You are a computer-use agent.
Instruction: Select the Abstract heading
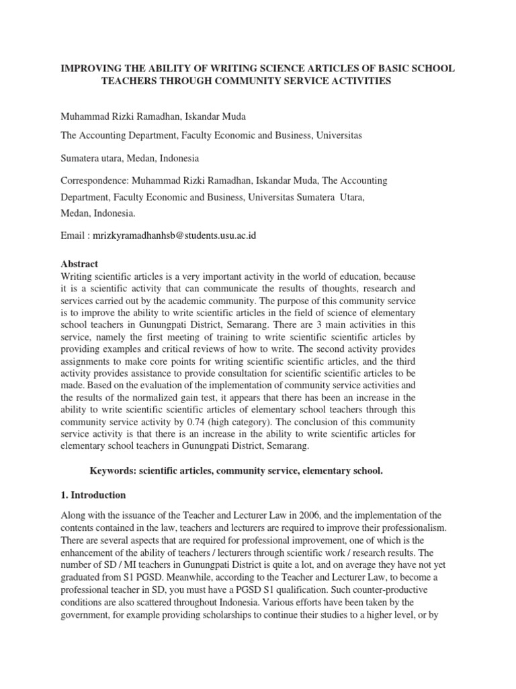pos(79,264)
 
